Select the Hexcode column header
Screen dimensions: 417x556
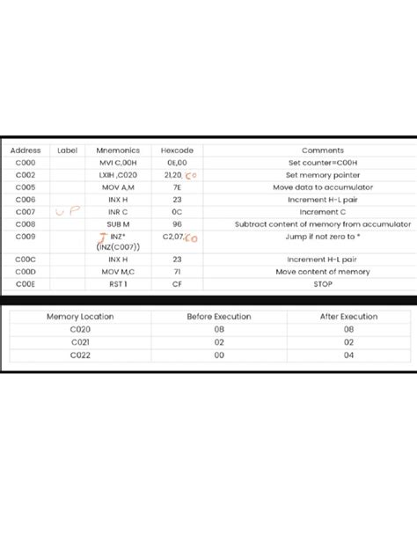coord(177,150)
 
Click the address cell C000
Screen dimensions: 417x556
coord(26,163)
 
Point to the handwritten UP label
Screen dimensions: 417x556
coord(67,212)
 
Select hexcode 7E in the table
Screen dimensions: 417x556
coord(177,187)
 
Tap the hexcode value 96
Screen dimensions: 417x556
coord(177,223)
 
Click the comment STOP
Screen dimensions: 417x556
coord(323,284)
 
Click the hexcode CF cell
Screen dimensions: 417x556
coord(177,284)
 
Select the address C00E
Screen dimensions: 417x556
coord(26,284)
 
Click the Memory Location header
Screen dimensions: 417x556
coord(80,316)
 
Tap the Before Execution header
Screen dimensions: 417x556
coord(219,316)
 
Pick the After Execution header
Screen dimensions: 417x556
coord(348,316)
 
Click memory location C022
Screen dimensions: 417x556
coord(80,355)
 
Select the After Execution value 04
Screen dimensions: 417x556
coord(348,355)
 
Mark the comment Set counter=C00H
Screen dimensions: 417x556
coord(323,163)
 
